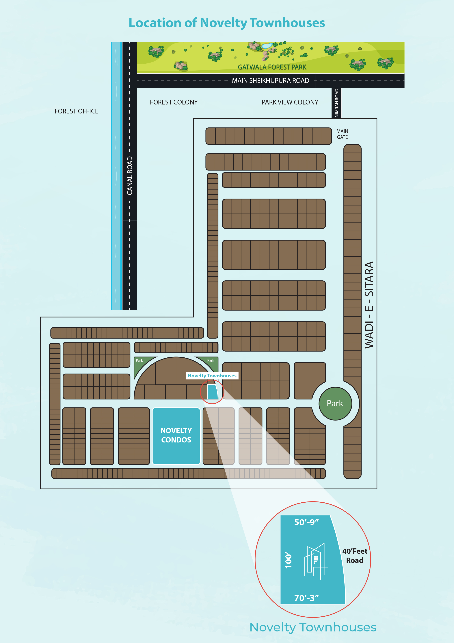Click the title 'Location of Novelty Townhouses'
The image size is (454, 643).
click(x=227, y=23)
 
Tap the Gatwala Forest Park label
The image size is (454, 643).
click(x=272, y=67)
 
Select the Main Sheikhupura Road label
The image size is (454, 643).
click(x=271, y=81)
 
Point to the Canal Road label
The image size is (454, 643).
click(x=129, y=176)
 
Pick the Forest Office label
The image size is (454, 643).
click(x=76, y=111)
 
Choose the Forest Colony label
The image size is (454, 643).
click(x=174, y=102)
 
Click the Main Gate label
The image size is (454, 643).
click(x=342, y=134)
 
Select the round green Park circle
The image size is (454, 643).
click(x=335, y=404)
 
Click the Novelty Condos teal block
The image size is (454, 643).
click(x=176, y=436)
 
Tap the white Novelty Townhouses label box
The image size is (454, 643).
click(x=212, y=376)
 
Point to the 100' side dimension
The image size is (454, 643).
click(x=288, y=560)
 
